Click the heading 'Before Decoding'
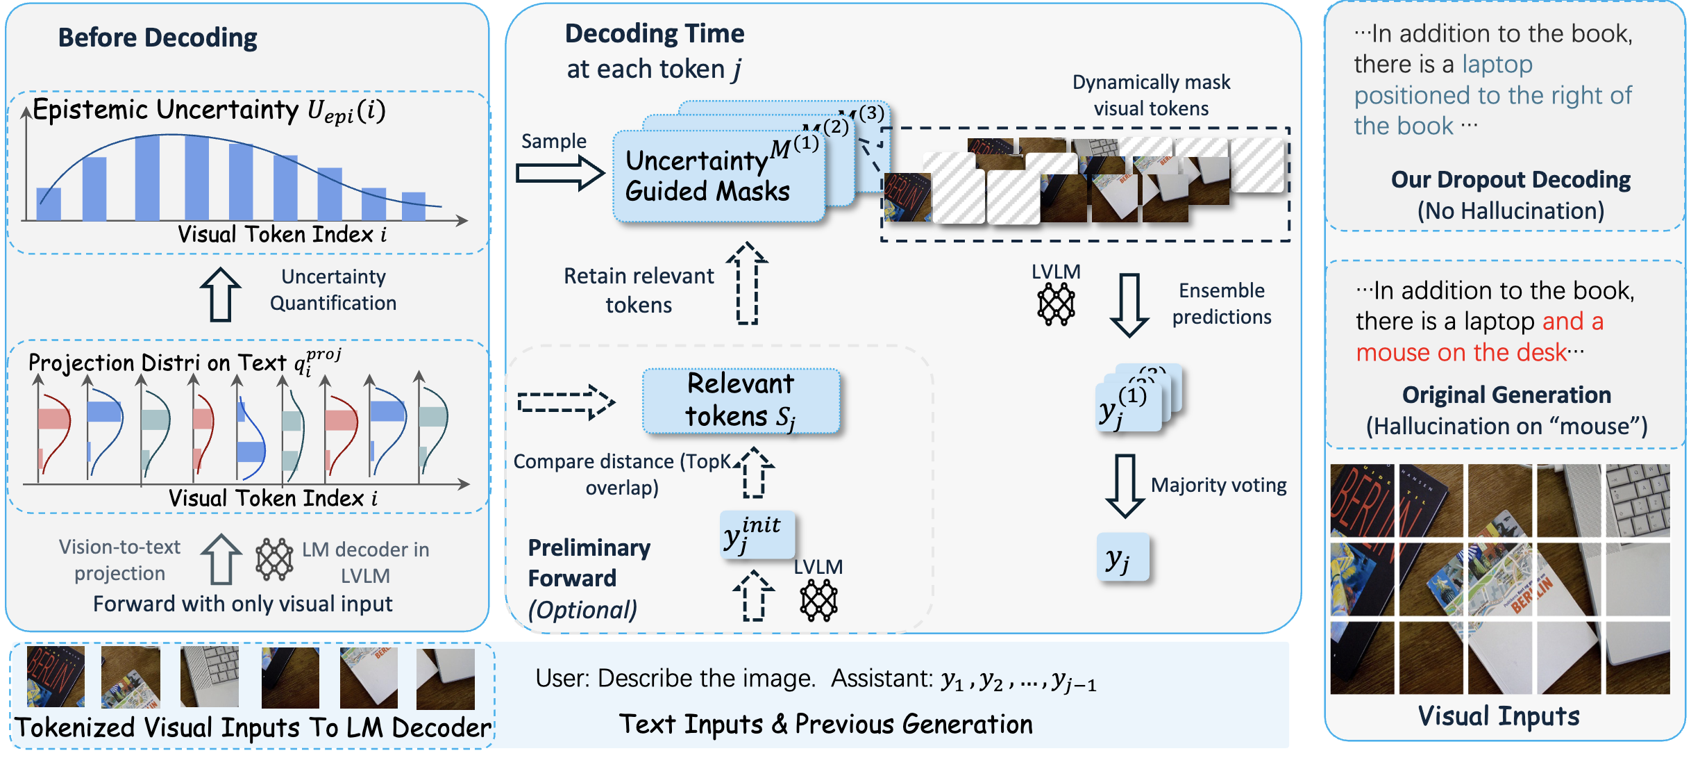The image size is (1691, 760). tap(158, 38)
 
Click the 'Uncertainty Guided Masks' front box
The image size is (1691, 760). tap(715, 178)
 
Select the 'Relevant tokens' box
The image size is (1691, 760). tap(741, 401)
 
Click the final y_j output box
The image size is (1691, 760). tap(1122, 557)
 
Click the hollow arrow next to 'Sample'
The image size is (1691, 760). tap(560, 173)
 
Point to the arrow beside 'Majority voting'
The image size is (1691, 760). tap(1125, 486)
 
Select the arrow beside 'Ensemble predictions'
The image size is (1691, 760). tap(1129, 305)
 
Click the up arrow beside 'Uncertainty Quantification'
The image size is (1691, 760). tap(221, 295)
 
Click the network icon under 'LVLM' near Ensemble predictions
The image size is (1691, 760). tap(1056, 304)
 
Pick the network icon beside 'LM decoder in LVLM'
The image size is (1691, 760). tap(274, 559)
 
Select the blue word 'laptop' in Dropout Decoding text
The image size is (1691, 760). tap(1497, 65)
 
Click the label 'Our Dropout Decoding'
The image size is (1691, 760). tap(1510, 179)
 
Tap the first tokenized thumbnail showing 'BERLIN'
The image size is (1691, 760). tap(56, 677)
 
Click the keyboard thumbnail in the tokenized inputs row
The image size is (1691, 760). tap(209, 677)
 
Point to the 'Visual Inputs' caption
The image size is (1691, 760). tap(1498, 716)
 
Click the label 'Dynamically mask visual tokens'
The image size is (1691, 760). tap(1151, 95)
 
